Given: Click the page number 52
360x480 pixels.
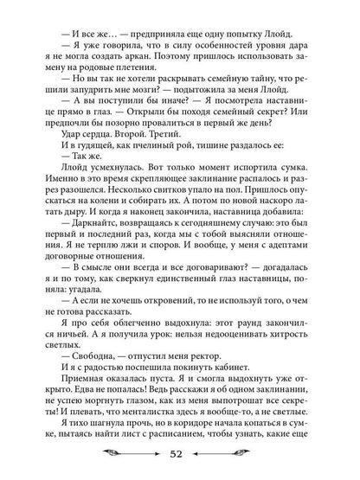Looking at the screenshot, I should pos(179,456).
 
